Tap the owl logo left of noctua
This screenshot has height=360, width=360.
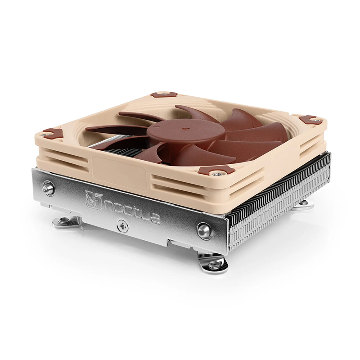(x=93, y=198)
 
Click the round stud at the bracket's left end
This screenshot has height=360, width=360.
(x=49, y=187)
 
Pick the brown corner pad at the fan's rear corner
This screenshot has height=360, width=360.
(x=163, y=94)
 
